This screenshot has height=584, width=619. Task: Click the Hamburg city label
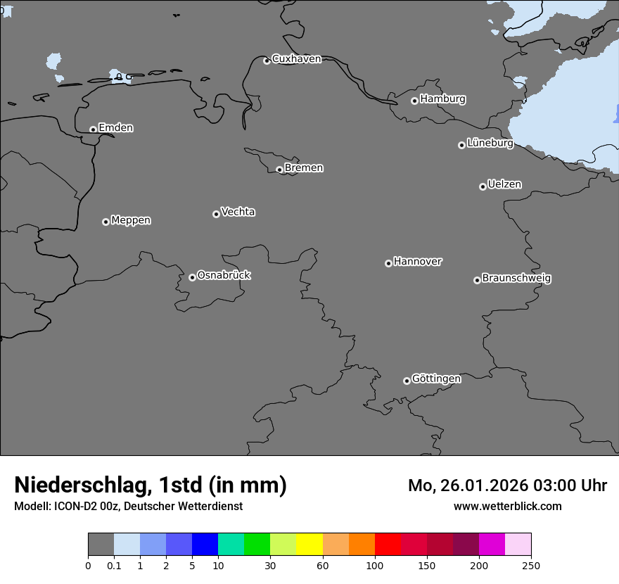pos(442,99)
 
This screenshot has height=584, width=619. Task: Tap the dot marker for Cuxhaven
pos(267,61)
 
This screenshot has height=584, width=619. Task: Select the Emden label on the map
pos(115,128)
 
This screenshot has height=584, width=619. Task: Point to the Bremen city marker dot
pos(279,170)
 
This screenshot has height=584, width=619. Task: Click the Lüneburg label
pos(490,144)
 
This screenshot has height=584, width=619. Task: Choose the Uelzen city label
pos(504,184)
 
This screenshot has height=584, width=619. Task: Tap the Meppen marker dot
pos(106,222)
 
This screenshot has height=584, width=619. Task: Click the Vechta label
pos(238,212)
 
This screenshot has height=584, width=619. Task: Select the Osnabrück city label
pos(224,275)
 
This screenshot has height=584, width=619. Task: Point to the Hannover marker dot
pos(388,263)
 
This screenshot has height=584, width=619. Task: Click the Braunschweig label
pos(516,279)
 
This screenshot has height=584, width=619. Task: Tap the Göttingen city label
pos(436,379)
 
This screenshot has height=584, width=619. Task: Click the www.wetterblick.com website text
pos(507,507)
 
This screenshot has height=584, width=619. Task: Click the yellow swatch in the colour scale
pos(309,545)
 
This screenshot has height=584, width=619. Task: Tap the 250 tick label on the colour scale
pos(530,565)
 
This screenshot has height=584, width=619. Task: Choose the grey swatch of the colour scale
pos(101,545)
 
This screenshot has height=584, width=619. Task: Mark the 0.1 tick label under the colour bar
pos(114,565)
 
